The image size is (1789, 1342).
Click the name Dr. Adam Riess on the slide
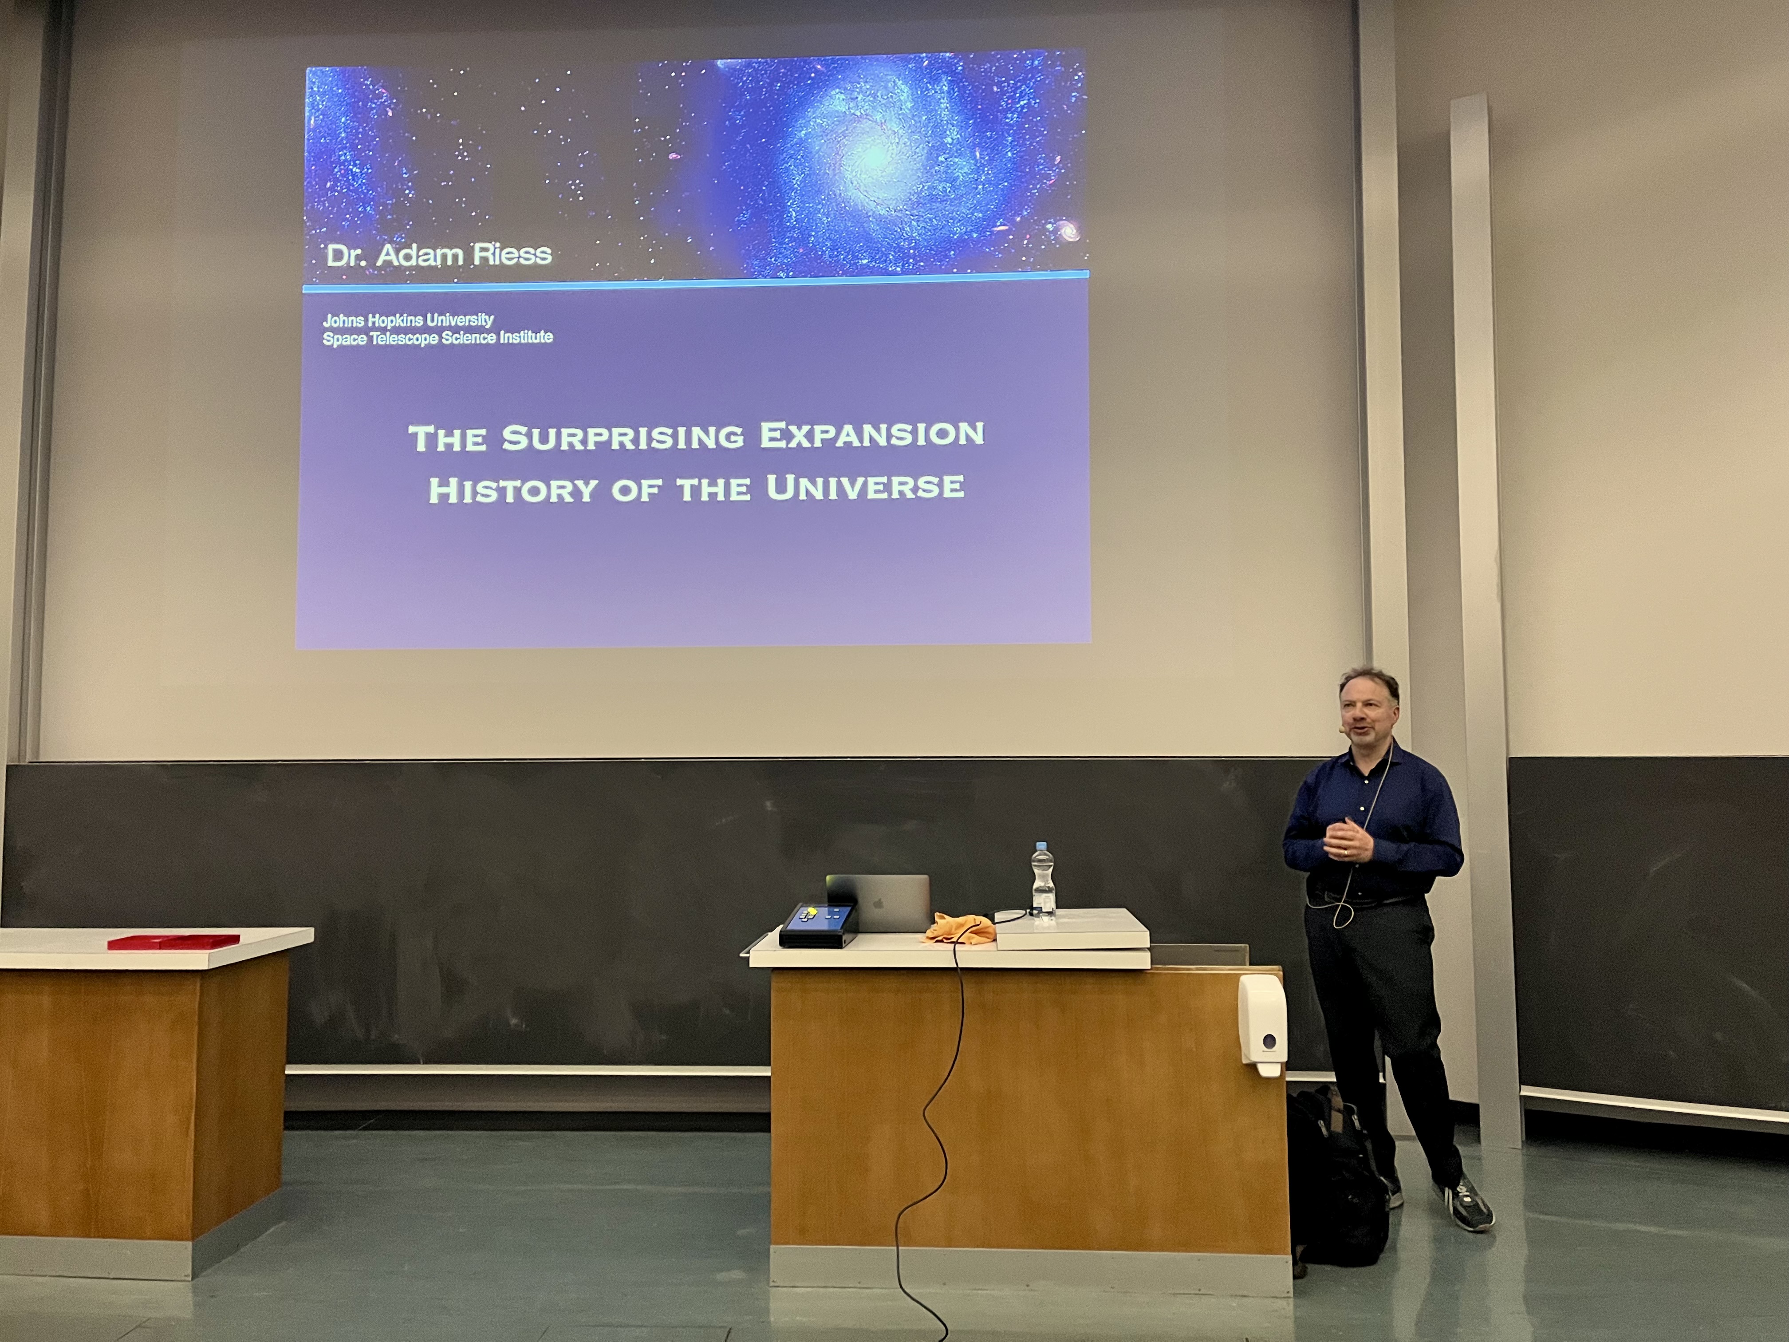coord(438,255)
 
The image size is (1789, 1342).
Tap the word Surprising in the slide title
coord(622,437)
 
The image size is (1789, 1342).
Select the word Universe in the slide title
coord(865,487)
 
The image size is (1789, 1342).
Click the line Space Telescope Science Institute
coord(437,337)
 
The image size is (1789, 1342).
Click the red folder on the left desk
coord(174,941)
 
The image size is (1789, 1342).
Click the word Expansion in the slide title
coord(872,434)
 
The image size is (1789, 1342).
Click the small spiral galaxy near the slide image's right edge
coord(1069,232)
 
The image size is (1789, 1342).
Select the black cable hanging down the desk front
coord(930,1133)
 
